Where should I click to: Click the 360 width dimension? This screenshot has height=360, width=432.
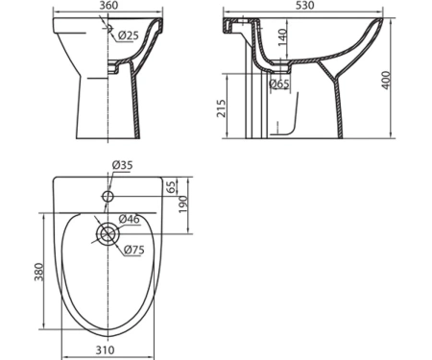tap(108, 5)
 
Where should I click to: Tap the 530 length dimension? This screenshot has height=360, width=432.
tap(304, 5)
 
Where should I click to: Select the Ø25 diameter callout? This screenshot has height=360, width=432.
tap(128, 36)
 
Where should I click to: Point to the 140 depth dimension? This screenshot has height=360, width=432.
tap(282, 37)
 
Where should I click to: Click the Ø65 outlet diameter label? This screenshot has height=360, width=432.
tap(279, 84)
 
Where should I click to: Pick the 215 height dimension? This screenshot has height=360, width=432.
tap(221, 108)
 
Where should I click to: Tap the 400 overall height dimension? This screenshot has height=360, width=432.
tap(387, 80)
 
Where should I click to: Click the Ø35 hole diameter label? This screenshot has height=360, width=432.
tap(122, 165)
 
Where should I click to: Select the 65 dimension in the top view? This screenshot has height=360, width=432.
tap(172, 187)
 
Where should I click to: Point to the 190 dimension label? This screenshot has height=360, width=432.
tap(182, 204)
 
